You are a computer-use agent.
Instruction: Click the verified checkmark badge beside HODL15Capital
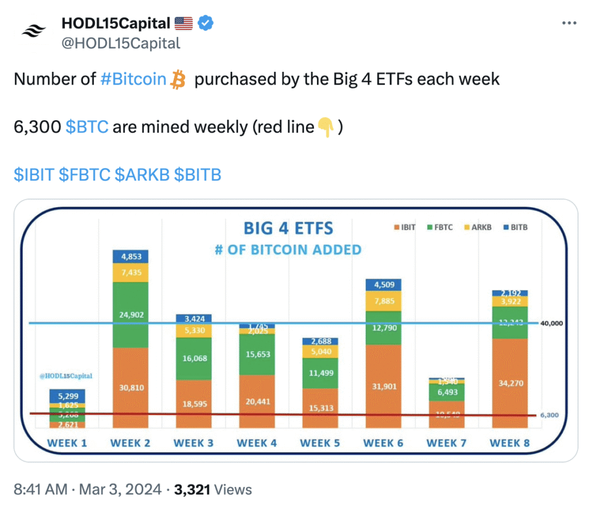(206, 24)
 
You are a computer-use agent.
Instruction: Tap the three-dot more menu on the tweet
(568, 24)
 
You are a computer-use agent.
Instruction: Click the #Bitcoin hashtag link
(133, 79)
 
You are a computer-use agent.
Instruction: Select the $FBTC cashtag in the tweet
(85, 174)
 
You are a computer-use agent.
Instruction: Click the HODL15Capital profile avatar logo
(34, 32)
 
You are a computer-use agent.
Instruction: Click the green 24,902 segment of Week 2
(131, 315)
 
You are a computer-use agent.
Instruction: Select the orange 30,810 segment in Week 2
(131, 387)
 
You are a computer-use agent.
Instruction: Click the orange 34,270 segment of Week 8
(510, 382)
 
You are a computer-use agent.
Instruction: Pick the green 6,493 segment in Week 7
(447, 392)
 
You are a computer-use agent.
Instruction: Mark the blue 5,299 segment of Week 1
(67, 396)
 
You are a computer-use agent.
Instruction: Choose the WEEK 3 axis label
(194, 443)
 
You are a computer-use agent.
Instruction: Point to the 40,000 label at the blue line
(551, 323)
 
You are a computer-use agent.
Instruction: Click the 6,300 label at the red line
(550, 415)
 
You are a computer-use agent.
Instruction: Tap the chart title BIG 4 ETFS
(288, 228)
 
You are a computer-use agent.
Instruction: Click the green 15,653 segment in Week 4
(257, 354)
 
